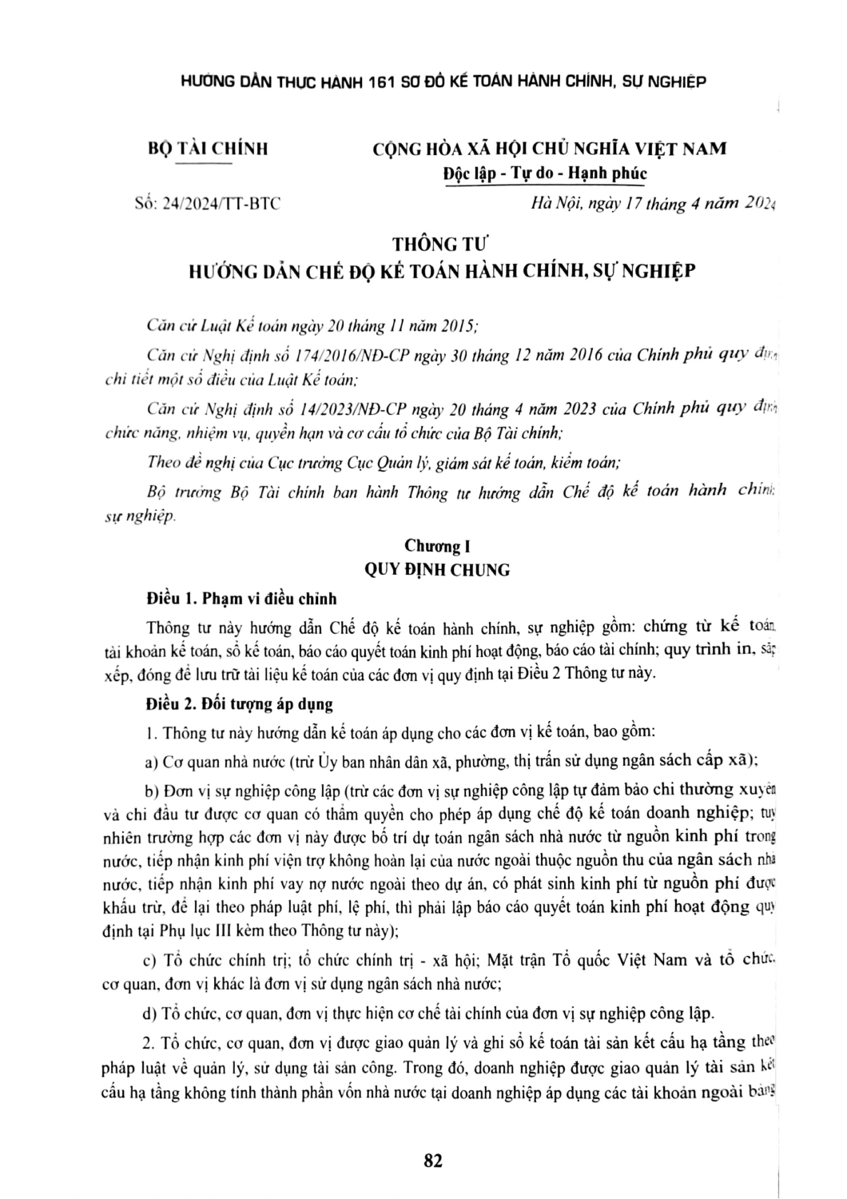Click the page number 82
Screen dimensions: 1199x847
pos(433,1161)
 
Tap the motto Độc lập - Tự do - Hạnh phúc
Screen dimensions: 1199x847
pos(545,173)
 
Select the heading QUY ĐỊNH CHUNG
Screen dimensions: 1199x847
pos(436,570)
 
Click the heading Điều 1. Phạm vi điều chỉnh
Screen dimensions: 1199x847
pos(242,598)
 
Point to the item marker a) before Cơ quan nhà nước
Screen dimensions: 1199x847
pos(151,761)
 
